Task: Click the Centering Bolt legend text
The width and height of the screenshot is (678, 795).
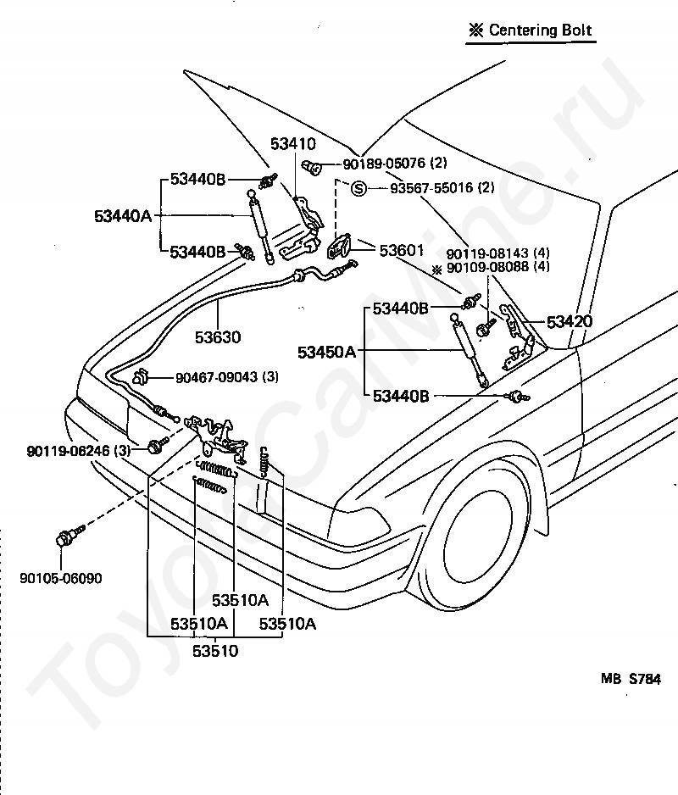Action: [x=531, y=31]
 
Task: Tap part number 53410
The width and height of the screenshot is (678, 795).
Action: [x=292, y=144]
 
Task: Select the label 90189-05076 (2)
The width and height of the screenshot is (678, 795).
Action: [x=395, y=164]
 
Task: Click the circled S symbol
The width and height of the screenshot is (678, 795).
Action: [x=358, y=189]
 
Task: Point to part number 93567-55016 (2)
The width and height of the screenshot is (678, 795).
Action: [x=442, y=188]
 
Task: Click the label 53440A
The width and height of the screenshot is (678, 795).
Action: [x=123, y=216]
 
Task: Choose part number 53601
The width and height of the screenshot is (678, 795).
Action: [x=401, y=250]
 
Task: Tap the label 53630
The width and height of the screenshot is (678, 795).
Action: [x=218, y=337]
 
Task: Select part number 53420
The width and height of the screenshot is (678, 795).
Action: [x=569, y=321]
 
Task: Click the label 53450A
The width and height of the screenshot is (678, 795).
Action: [x=326, y=352]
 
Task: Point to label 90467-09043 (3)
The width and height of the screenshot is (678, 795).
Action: [x=227, y=377]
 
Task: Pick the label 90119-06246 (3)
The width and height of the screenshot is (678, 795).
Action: [x=78, y=451]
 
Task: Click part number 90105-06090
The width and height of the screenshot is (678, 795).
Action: [x=61, y=578]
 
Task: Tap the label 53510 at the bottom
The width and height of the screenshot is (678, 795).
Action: [x=215, y=651]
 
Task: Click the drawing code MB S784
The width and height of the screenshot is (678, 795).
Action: [x=631, y=679]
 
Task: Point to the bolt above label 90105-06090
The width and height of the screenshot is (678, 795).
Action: [x=68, y=537]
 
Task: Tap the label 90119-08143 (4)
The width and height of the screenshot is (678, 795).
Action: [x=498, y=253]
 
